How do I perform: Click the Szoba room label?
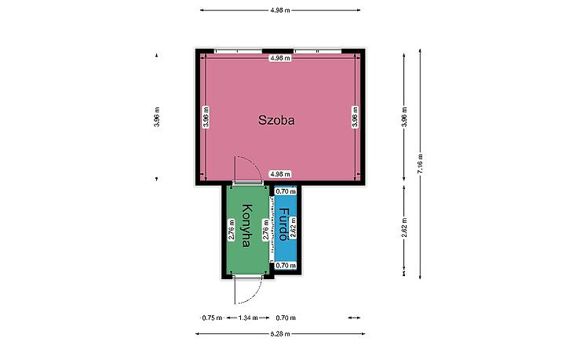tap(276, 120)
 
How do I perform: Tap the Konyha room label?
tap(247, 226)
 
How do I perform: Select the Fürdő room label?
tap(283, 224)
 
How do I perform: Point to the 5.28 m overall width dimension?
tap(280, 333)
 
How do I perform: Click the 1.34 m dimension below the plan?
tap(248, 318)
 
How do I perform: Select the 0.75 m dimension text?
tap(212, 318)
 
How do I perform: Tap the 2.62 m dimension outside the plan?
tap(404, 227)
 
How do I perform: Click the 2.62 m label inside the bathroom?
tap(293, 227)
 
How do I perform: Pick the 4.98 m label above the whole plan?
tap(280, 10)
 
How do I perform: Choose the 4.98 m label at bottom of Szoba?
tap(280, 174)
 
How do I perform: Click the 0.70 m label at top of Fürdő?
tap(286, 191)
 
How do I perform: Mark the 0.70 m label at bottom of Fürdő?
tap(286, 265)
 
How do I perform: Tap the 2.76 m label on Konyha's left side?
tap(231, 229)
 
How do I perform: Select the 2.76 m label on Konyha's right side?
tap(266, 229)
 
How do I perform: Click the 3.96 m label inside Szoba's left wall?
tap(206, 117)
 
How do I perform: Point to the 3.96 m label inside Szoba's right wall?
tap(356, 117)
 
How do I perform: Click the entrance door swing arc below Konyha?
tap(255, 296)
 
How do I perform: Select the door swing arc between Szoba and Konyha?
tap(254, 163)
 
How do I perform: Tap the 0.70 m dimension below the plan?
tap(286, 318)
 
